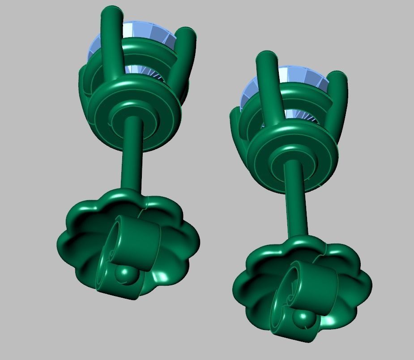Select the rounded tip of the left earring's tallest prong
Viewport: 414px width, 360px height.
[x=112, y=13]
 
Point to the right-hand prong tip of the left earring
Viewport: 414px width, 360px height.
[x=187, y=35]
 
